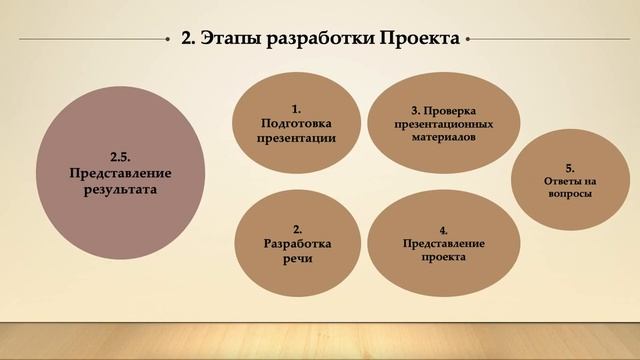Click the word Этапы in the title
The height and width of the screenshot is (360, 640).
pyautogui.click(x=227, y=40)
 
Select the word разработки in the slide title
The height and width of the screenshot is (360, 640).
pyautogui.click(x=313, y=40)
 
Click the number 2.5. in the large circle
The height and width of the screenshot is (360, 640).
pyautogui.click(x=121, y=155)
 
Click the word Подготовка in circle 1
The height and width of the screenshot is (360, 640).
pyautogui.click(x=296, y=123)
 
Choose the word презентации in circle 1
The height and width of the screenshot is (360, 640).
pyautogui.click(x=296, y=138)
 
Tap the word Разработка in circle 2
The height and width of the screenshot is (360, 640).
pyautogui.click(x=297, y=243)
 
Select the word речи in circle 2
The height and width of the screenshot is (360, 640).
pyautogui.click(x=297, y=258)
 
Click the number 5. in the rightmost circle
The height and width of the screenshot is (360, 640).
pyautogui.click(x=569, y=167)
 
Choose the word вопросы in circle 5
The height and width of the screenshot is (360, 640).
pyautogui.click(x=569, y=194)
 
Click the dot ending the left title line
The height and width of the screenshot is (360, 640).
pyautogui.click(x=169, y=40)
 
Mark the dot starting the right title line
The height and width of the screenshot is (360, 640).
pyautogui.click(x=468, y=40)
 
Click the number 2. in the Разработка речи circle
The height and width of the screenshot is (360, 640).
pyautogui.click(x=297, y=229)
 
